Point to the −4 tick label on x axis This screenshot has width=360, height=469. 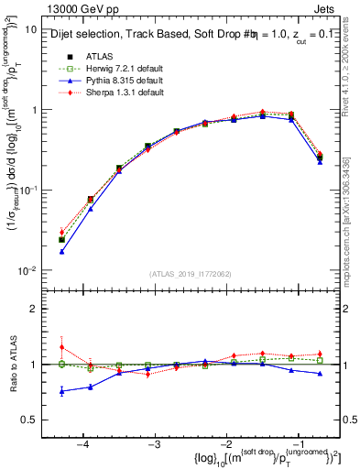pyautogui.click(x=83, y=442)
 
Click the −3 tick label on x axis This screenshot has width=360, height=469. pyautogui.click(x=154, y=442)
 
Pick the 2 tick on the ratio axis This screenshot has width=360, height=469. pyautogui.click(x=36, y=309)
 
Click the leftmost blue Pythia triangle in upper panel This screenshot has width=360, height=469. pyautogui.click(x=61, y=251)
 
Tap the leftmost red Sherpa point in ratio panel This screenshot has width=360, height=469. pyautogui.click(x=61, y=347)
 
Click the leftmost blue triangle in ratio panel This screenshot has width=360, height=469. pyautogui.click(x=61, y=391)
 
